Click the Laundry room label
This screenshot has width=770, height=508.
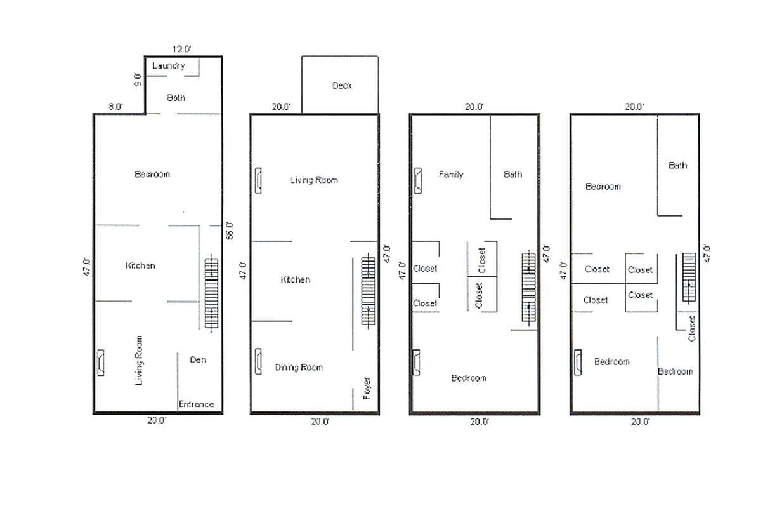(169, 65)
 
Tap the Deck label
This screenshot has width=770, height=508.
(342, 85)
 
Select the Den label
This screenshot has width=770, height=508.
(198, 359)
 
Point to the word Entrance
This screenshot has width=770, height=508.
(196, 404)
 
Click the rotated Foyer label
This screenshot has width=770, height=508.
(367, 388)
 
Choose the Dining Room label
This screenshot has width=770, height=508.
(299, 367)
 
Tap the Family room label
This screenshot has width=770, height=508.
(451, 174)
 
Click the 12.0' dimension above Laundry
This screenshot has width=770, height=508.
(181, 48)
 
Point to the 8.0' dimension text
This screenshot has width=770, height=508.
(115, 107)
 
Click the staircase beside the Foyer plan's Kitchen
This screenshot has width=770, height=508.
(368, 290)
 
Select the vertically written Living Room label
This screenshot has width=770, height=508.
(139, 360)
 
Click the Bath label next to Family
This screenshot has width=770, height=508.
(512, 174)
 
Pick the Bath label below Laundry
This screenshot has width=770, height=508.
(176, 98)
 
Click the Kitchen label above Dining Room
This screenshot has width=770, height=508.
(296, 279)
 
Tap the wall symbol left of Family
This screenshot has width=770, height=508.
(419, 180)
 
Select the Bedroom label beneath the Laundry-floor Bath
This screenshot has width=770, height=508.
(152, 174)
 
